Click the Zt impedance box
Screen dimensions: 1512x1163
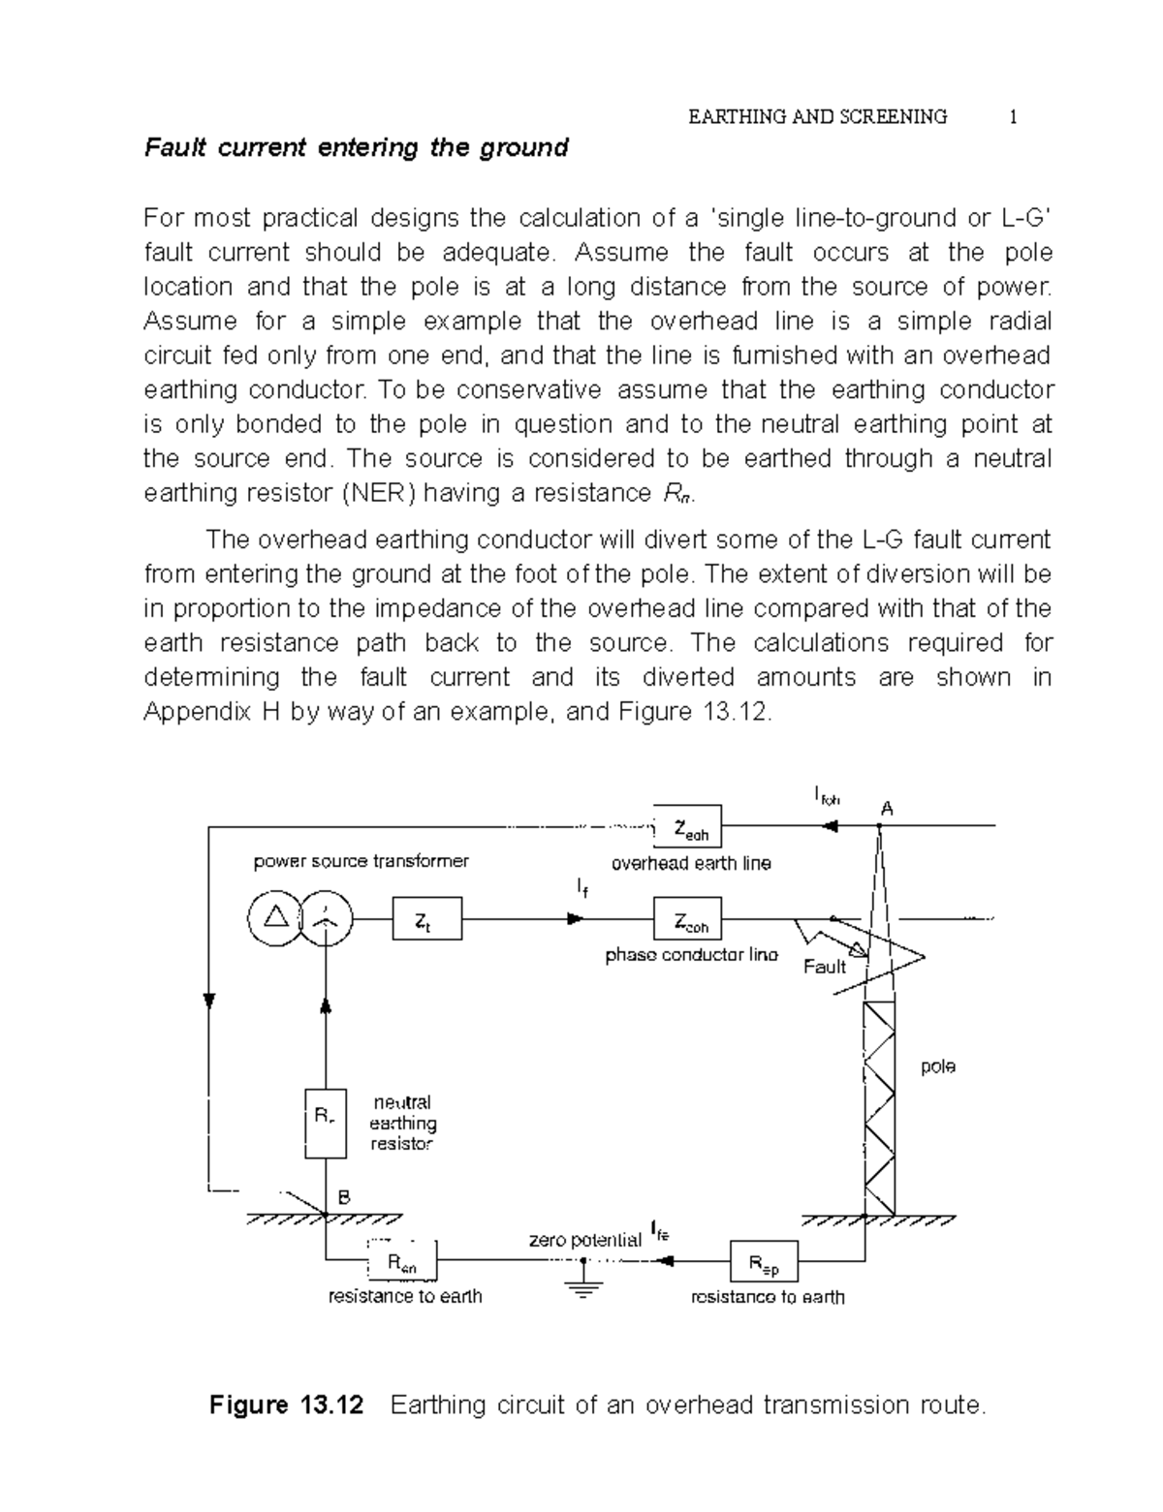click(427, 918)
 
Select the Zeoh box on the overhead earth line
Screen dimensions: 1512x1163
click(687, 826)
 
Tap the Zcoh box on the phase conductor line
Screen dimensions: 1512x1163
click(687, 919)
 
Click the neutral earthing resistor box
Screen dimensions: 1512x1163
click(326, 1124)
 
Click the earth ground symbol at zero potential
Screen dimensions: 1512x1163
click(582, 1288)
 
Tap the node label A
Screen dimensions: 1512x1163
click(886, 808)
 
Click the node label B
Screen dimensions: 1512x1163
click(343, 1197)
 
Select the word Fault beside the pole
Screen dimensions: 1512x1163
click(825, 966)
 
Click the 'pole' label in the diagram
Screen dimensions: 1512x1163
click(937, 1066)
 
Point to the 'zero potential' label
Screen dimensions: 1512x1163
click(584, 1240)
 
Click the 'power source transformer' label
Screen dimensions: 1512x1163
click(361, 861)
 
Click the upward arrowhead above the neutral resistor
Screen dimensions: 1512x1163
click(326, 1007)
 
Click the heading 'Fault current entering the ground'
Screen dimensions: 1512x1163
click(356, 148)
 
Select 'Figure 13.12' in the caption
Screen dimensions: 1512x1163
click(287, 1404)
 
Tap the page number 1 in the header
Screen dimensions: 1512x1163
click(1013, 117)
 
